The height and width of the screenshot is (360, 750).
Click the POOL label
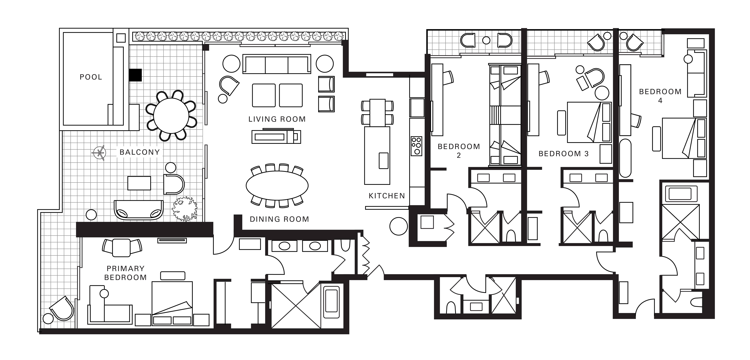[x=91, y=77]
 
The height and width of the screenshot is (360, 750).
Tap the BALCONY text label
[x=140, y=152]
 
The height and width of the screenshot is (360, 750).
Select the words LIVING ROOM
[x=277, y=119]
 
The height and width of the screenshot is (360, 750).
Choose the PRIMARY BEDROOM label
[x=125, y=273]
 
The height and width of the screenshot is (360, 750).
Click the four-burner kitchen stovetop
[x=416, y=146]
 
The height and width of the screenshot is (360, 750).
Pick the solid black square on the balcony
[x=135, y=75]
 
